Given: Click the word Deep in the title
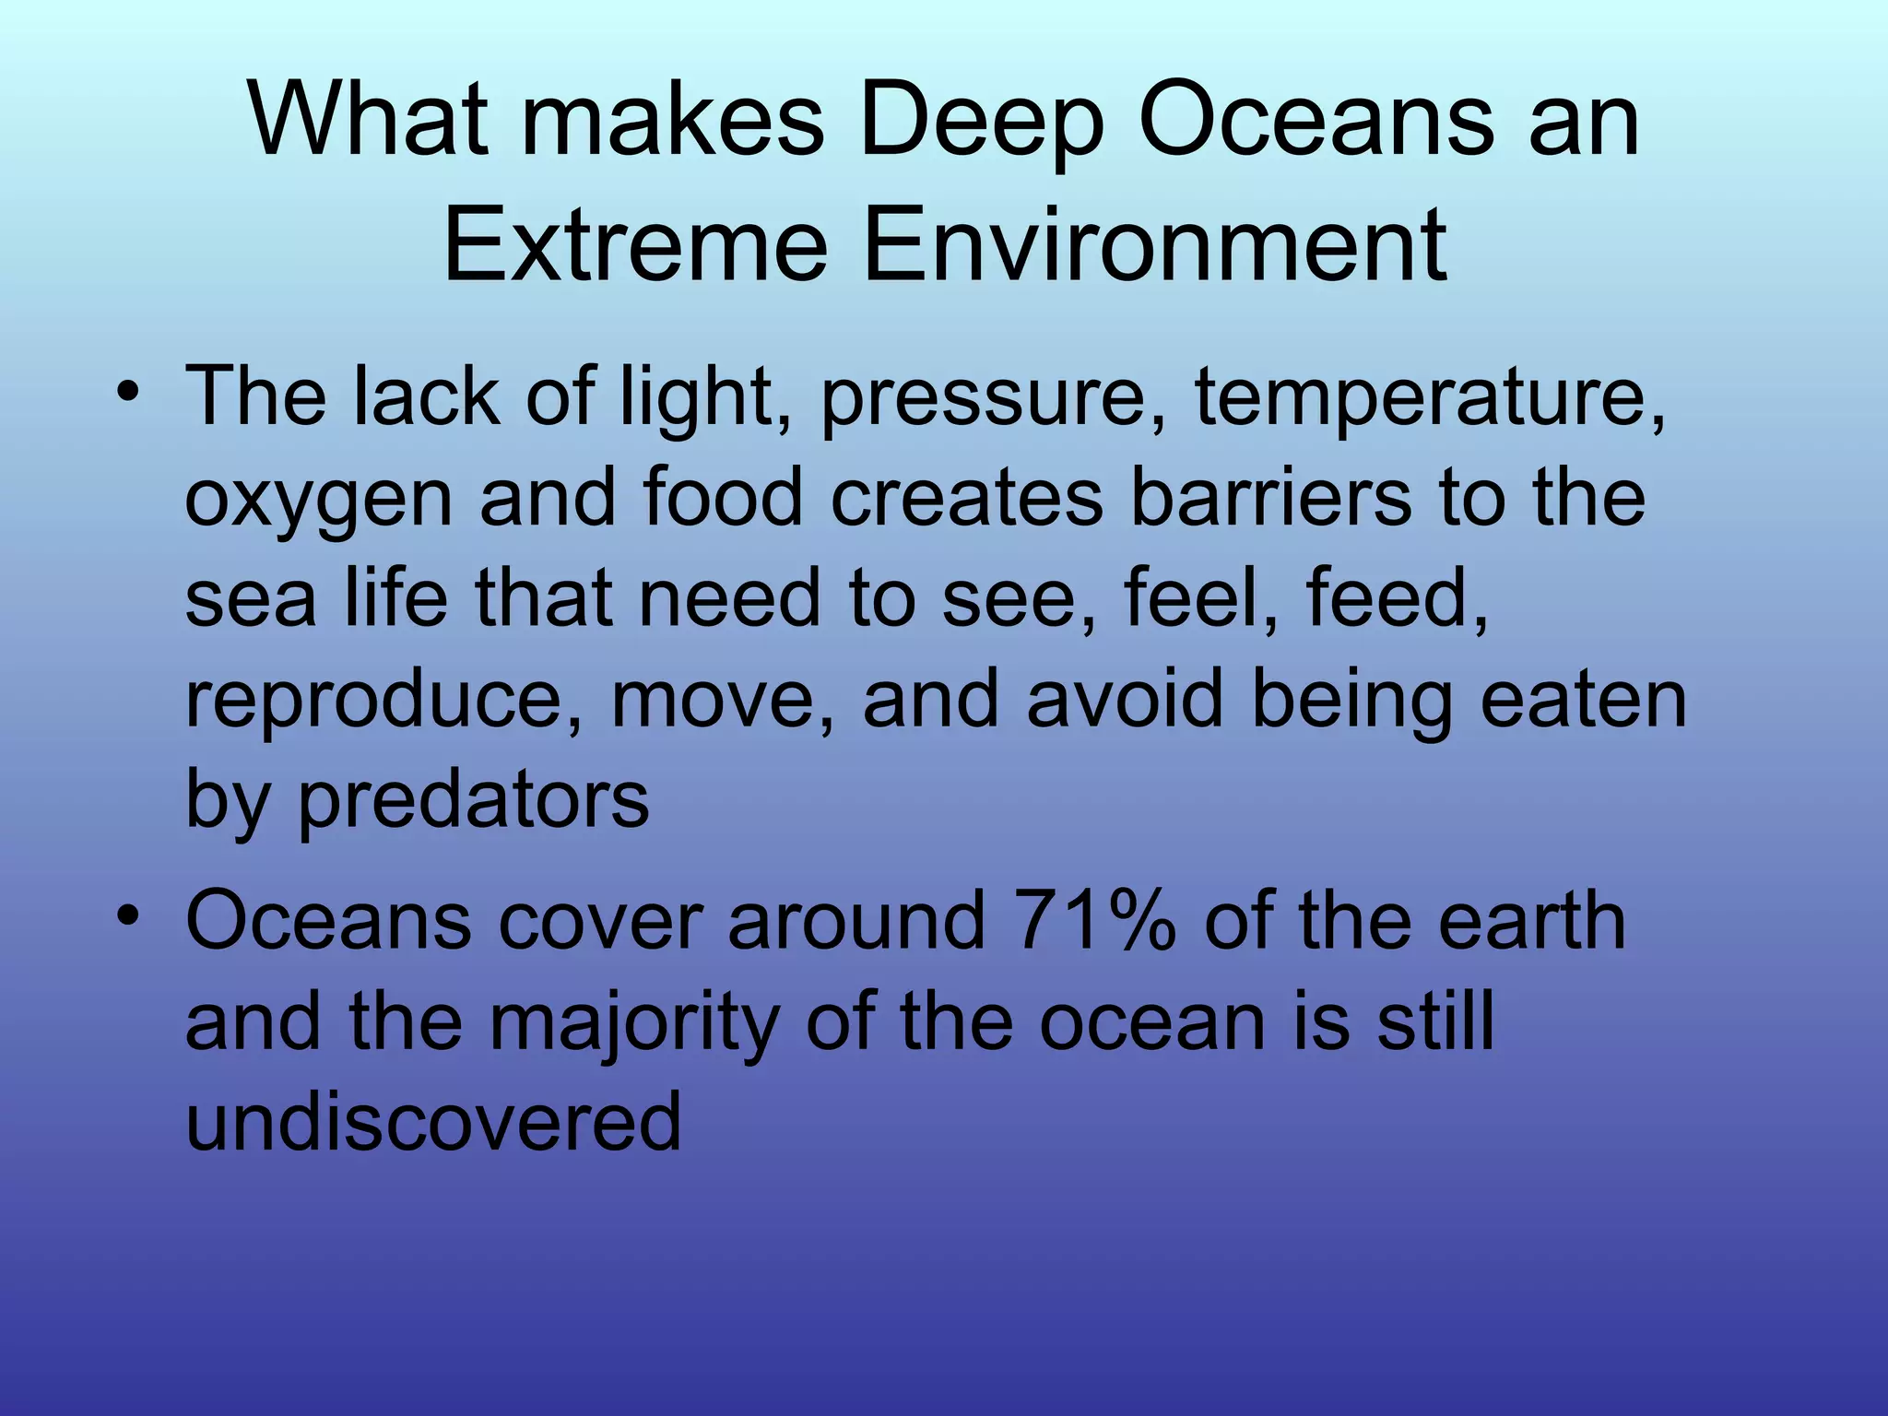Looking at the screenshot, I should click(981, 123).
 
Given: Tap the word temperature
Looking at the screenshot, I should click(1429, 399).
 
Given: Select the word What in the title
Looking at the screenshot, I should click(368, 123).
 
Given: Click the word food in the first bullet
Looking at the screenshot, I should click(724, 498).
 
